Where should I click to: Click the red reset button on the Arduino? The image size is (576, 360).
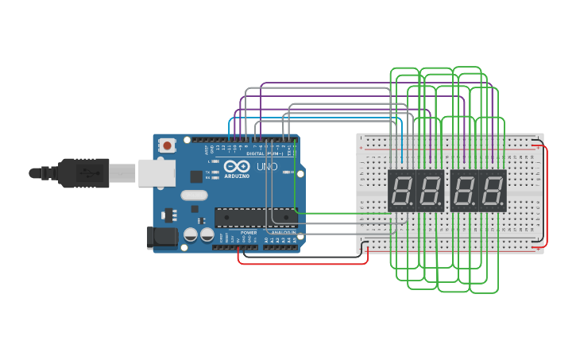click(167, 145)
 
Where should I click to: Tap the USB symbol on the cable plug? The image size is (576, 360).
click(83, 172)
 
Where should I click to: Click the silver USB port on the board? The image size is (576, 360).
click(156, 172)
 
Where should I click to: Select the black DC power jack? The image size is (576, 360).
click(161, 238)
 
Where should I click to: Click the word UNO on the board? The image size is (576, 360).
click(267, 167)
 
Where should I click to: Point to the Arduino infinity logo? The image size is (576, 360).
click(237, 167)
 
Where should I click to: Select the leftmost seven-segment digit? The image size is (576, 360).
click(402, 191)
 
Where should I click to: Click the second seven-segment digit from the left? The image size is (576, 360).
click(430, 191)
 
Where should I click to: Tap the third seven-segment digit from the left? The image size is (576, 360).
click(464, 191)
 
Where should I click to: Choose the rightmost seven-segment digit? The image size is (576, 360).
click(492, 191)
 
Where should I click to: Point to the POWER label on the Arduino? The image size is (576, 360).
click(249, 233)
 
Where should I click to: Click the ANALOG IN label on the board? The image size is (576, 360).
click(282, 233)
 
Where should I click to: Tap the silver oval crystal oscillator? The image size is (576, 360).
click(194, 195)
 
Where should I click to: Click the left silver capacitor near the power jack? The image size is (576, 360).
click(191, 234)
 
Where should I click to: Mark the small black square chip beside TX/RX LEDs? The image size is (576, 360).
click(196, 176)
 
